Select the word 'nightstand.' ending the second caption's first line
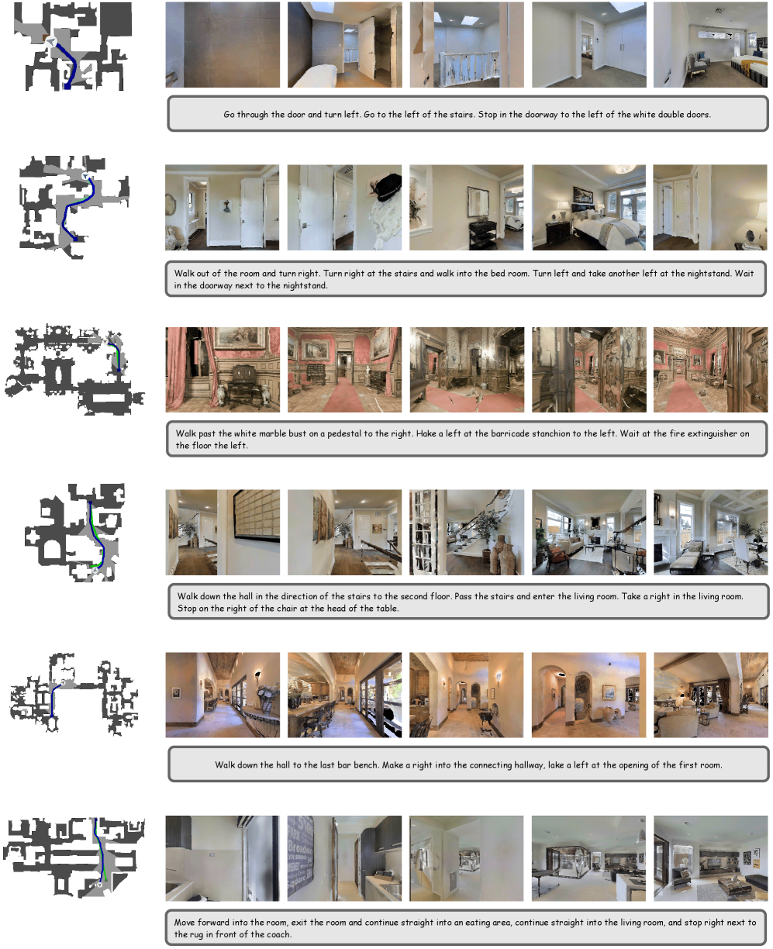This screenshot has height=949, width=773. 710,274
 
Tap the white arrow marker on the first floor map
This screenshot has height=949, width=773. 51,41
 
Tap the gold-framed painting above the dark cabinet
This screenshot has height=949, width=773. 240,338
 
